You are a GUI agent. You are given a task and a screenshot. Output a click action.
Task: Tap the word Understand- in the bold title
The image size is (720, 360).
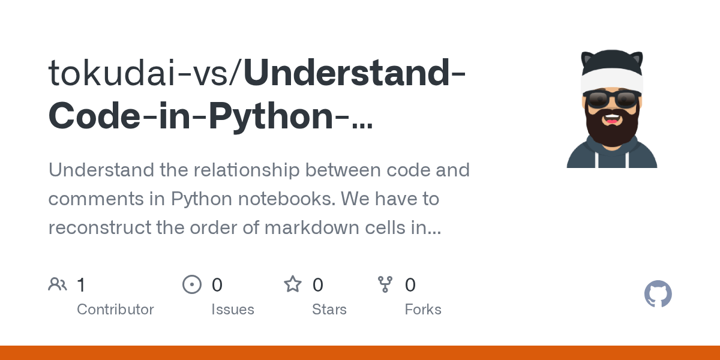pyautogui.click(x=354, y=73)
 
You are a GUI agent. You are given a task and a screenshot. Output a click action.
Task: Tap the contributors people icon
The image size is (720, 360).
pyautogui.click(x=58, y=284)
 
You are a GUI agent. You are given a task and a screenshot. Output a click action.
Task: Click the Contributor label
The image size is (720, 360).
pyautogui.click(x=115, y=310)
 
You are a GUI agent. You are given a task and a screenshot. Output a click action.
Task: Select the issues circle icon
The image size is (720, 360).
pyautogui.click(x=191, y=284)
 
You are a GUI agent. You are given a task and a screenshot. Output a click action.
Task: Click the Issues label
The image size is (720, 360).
pyautogui.click(x=233, y=310)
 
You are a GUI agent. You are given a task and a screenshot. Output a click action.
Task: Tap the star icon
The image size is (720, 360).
pyautogui.click(x=293, y=284)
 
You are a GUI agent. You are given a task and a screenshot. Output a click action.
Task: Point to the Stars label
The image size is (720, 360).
pyautogui.click(x=329, y=310)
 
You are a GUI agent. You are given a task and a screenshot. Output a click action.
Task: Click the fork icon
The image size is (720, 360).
pyautogui.click(x=385, y=284)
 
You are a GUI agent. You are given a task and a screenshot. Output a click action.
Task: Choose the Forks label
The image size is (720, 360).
pyautogui.click(x=423, y=310)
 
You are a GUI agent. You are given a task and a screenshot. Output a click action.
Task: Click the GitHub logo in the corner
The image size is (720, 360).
pyautogui.click(x=658, y=294)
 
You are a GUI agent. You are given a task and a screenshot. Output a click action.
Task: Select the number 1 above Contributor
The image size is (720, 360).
pyautogui.click(x=82, y=284)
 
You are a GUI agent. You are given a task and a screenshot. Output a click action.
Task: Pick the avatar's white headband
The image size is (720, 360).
pyautogui.click(x=612, y=80)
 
